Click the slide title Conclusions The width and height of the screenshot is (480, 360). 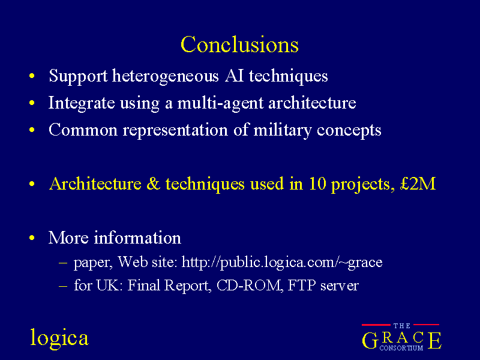click(x=239, y=44)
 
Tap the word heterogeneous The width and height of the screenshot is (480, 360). click(x=166, y=76)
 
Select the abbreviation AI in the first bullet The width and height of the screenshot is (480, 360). click(x=234, y=76)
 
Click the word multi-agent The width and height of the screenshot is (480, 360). click(x=220, y=103)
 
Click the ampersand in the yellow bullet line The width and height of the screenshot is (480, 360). click(x=154, y=184)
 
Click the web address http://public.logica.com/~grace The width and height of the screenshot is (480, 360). click(x=282, y=262)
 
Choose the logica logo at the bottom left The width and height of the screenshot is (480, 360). click(x=59, y=338)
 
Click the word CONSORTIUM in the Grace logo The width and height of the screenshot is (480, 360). click(x=401, y=348)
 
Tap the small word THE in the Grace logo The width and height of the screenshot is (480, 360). click(x=401, y=326)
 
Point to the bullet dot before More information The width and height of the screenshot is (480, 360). click(x=32, y=238)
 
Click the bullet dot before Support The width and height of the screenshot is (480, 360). click(x=32, y=76)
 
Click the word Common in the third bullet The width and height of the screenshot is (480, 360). click(x=83, y=130)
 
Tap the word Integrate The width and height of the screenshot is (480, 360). click(x=82, y=103)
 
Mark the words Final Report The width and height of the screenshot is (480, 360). click(x=169, y=286)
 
